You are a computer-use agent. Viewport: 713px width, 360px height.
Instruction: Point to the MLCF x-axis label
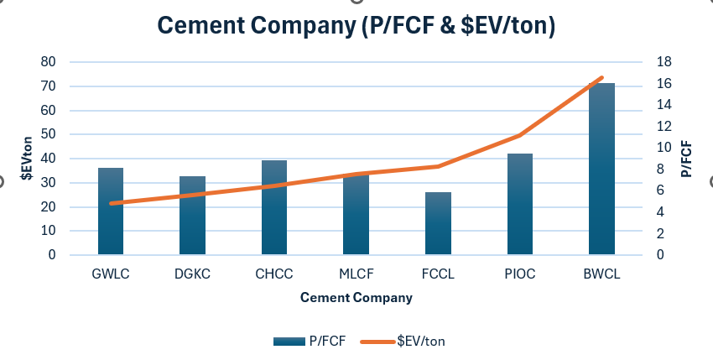356,274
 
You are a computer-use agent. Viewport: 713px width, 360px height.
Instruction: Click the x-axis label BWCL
601,274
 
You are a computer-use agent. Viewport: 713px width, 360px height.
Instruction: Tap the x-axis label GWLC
111,274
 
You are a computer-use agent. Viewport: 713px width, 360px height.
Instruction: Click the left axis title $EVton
26,158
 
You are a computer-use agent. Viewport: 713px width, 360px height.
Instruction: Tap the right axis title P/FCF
686,158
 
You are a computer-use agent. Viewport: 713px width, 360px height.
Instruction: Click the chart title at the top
356,26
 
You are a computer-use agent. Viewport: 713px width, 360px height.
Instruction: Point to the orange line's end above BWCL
601,77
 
